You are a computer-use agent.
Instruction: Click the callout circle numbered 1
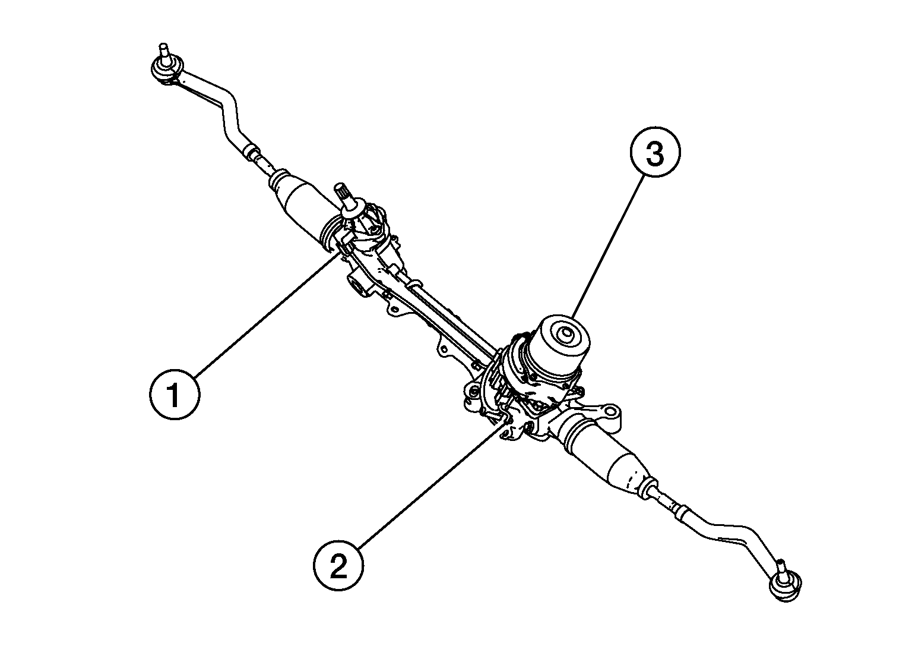174,395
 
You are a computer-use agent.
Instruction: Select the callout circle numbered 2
338,566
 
